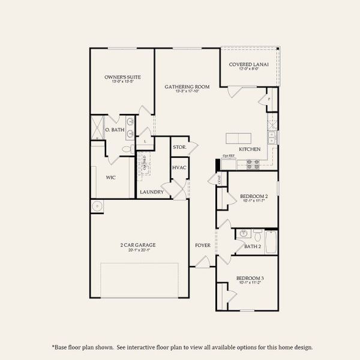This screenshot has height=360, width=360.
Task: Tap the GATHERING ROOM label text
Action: pos(187,87)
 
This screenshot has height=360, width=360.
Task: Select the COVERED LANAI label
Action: pos(247,64)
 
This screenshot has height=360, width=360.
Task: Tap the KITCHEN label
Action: pos(250,149)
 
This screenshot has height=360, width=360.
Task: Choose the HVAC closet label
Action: pos(179,167)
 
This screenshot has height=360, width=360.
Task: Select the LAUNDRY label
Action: pos(152,192)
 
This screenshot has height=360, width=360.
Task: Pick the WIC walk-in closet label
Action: pos(110,178)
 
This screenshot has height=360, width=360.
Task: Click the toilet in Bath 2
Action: pos(257,235)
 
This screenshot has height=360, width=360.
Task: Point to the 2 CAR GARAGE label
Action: pos(139,245)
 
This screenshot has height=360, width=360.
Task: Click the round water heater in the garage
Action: pos(97,207)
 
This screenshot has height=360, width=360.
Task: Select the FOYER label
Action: pos(202,245)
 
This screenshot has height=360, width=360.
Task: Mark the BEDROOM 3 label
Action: pos(248,278)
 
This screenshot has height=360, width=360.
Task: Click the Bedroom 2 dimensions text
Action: pos(253,201)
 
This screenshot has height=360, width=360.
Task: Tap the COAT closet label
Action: pos(220,179)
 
